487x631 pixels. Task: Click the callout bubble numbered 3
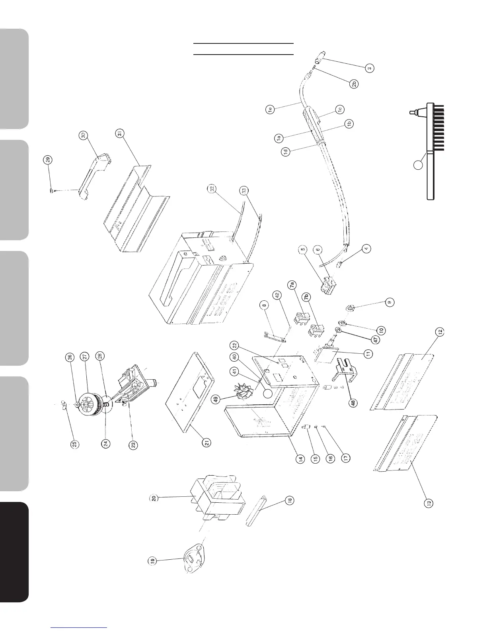click(370, 68)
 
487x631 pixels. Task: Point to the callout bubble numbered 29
click(48, 161)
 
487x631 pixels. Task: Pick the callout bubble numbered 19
click(152, 561)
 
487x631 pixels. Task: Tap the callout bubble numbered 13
click(428, 503)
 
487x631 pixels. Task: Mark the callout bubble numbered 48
click(353, 402)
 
